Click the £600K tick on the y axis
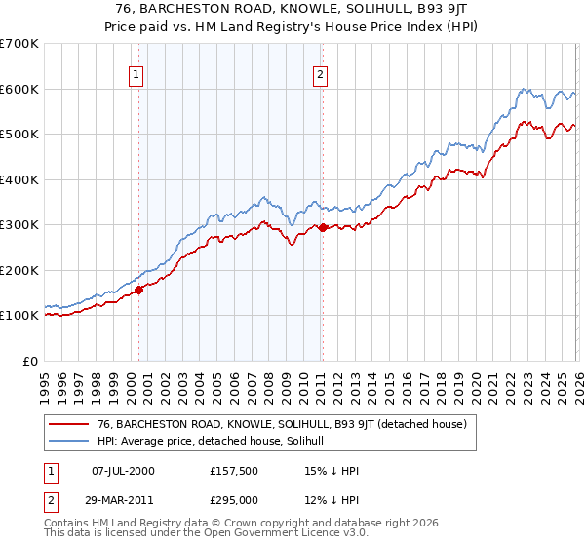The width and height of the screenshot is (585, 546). point(19,89)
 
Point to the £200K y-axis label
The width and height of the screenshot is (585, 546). point(19,270)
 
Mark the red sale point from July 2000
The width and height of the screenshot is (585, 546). point(139,289)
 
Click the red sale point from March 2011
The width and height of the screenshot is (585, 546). point(323,227)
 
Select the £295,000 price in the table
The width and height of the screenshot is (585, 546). point(234,500)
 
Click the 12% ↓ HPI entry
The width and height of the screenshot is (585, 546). point(331,500)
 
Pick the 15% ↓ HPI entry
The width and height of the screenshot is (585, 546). point(331,471)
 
